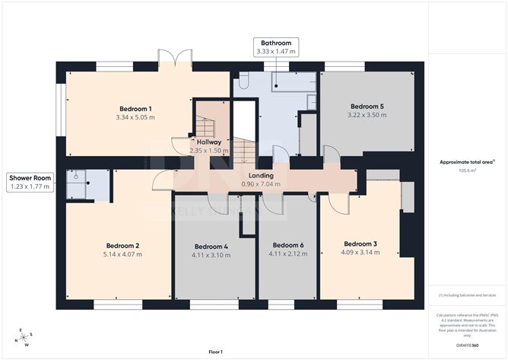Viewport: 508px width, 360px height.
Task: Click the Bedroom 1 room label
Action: coord(135,108)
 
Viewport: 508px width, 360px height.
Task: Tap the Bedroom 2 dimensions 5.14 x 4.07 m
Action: coord(123,254)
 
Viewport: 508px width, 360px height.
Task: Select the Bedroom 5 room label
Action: coord(367,106)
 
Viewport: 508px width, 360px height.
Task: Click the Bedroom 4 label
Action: coord(211,246)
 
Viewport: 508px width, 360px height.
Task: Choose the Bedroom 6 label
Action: coord(288,244)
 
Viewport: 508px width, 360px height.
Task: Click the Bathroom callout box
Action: coord(276,47)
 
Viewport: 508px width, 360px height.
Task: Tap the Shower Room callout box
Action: coord(30,181)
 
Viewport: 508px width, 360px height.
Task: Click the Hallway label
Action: coord(208,142)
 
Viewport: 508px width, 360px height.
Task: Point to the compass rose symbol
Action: coord(25,336)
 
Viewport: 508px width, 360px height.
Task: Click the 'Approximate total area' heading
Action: coord(466,161)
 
